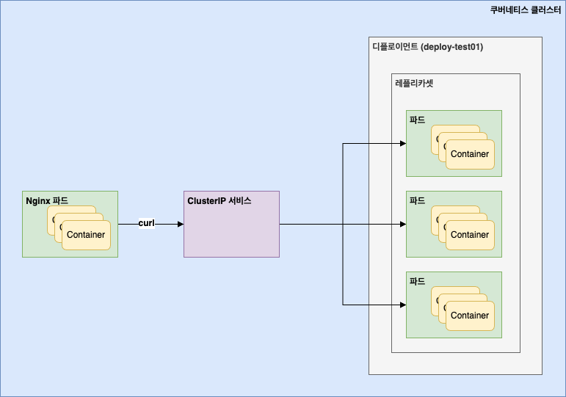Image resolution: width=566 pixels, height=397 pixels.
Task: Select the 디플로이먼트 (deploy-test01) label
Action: [427, 47]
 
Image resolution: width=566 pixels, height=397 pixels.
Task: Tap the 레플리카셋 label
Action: [414, 84]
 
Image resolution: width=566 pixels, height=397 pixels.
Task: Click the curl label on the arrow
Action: [146, 223]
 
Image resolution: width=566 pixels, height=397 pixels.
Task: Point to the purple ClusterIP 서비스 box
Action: [231, 231]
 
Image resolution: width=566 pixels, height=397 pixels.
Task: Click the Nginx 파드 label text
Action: [47, 201]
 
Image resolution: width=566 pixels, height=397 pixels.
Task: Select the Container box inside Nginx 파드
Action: [86, 235]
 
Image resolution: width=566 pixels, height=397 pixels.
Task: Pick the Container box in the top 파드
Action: [470, 154]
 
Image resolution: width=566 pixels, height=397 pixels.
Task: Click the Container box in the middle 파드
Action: [470, 235]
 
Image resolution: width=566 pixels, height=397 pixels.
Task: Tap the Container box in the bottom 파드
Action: [470, 316]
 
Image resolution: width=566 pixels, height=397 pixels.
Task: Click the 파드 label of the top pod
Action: [417, 120]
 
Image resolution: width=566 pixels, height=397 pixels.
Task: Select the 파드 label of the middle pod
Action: [417, 201]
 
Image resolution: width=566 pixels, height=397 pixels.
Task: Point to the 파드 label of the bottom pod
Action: [417, 282]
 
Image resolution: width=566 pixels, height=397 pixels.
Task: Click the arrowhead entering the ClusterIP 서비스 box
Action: [180, 224]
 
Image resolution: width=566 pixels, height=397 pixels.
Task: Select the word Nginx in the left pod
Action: [38, 201]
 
